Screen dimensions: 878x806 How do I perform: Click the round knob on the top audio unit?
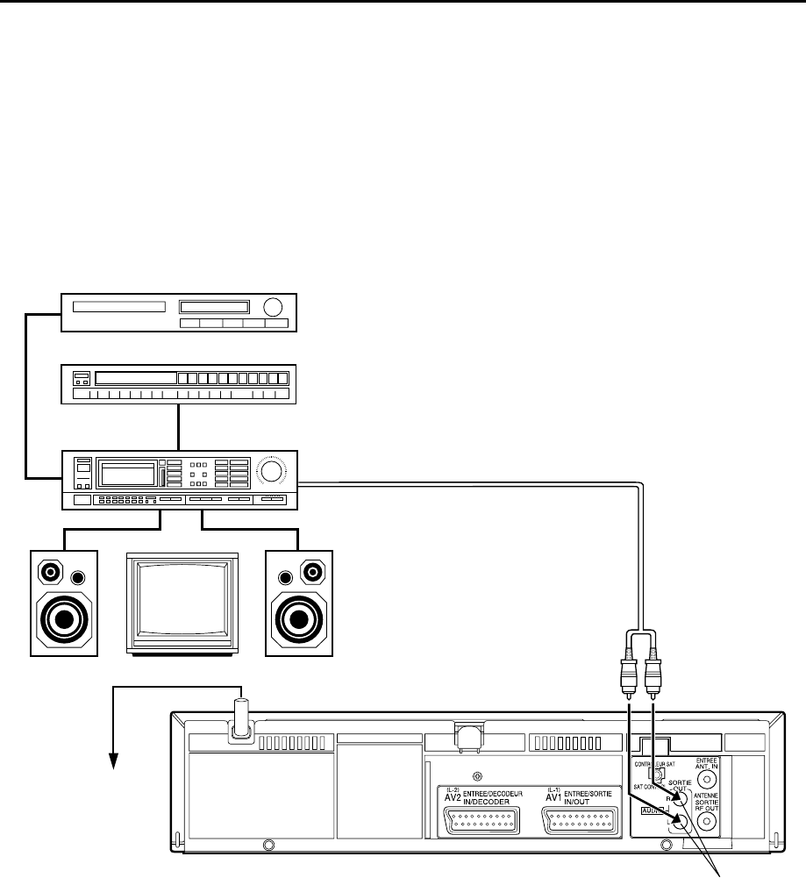click(x=274, y=308)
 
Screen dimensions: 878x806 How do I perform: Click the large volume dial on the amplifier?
click(x=271, y=473)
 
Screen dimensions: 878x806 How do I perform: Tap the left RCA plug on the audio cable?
click(x=628, y=674)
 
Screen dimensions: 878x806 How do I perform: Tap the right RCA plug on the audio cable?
click(x=653, y=674)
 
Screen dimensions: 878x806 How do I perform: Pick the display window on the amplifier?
click(x=128, y=474)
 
